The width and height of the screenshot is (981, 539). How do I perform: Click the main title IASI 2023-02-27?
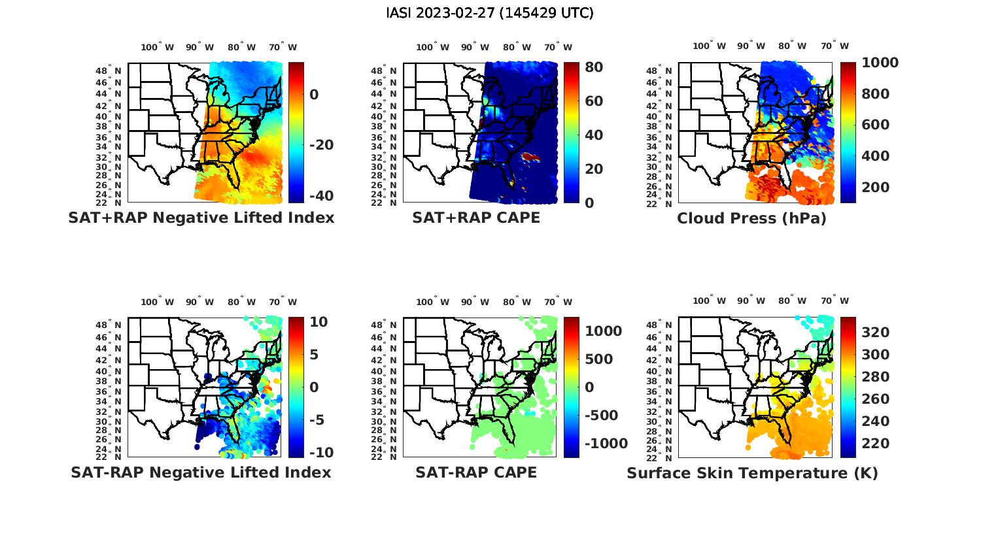(490, 13)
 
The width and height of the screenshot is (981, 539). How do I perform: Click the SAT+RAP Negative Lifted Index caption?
(201, 218)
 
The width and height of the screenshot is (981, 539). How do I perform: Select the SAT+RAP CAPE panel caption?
(476, 218)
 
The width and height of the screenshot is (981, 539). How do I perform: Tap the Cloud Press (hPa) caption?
(751, 218)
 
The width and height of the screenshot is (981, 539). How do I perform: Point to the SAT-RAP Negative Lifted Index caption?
(201, 472)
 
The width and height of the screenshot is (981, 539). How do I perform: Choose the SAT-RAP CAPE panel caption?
(476, 472)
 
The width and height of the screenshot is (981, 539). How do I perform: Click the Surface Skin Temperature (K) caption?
(752, 472)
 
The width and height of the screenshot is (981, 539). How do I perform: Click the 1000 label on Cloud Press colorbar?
(880, 63)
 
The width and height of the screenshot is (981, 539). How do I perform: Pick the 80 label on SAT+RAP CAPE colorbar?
(594, 67)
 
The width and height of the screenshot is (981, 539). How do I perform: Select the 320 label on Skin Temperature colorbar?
(875, 333)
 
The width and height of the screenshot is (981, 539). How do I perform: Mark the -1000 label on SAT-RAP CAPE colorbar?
(606, 444)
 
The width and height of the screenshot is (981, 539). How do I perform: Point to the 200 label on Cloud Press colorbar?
(875, 187)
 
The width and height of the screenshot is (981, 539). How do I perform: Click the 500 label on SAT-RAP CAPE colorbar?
(598, 359)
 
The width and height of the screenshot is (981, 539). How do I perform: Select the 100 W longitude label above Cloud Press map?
(710, 46)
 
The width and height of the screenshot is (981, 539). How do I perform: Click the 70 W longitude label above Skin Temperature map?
(835, 301)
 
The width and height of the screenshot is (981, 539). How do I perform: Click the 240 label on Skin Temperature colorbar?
(875, 421)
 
